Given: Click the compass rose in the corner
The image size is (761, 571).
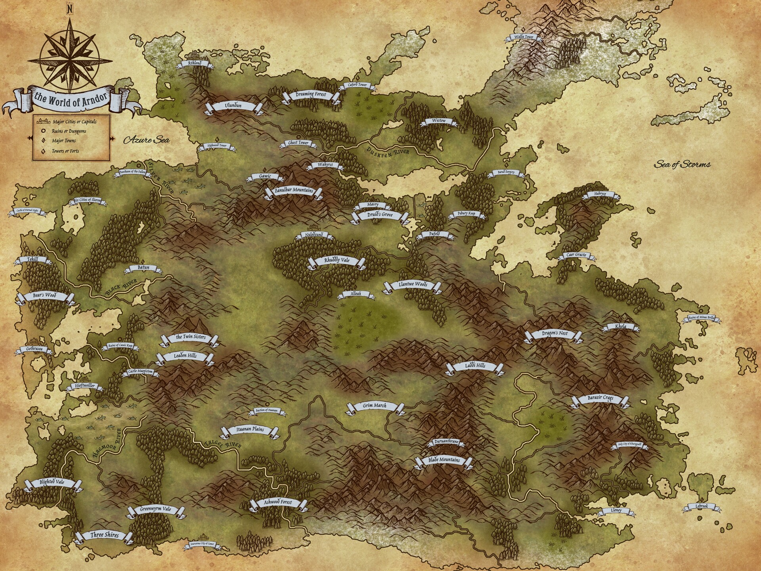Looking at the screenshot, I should (70, 61).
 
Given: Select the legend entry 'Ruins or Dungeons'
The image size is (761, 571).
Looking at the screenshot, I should (69, 131).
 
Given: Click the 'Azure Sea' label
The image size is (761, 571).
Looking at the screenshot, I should (146, 140).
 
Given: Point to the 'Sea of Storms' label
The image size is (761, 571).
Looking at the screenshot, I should (682, 164).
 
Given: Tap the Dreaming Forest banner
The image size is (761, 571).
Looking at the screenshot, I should (311, 95).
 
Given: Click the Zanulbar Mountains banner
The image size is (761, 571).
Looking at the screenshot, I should (294, 191).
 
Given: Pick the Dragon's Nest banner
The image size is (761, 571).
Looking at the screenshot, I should (554, 334).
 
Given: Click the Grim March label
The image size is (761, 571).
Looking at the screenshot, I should (375, 406).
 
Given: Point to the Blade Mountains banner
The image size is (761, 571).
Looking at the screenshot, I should (444, 460).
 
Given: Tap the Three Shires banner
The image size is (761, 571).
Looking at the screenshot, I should (104, 535).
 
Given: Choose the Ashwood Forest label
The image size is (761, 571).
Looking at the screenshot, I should (278, 502).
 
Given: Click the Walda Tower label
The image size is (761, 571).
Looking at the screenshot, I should (524, 37).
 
